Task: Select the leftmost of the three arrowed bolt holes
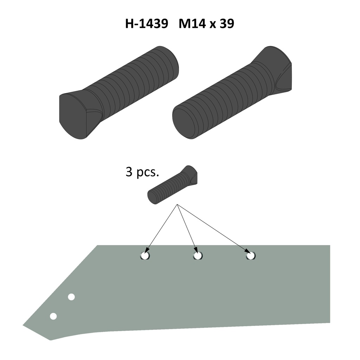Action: click(145, 256)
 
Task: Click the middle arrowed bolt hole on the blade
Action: click(198, 256)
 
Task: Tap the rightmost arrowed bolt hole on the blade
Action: click(251, 256)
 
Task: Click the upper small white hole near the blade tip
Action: click(71, 297)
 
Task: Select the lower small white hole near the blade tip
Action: click(53, 316)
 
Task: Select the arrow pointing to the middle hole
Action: click(187, 229)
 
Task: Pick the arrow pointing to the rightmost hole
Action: click(214, 229)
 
